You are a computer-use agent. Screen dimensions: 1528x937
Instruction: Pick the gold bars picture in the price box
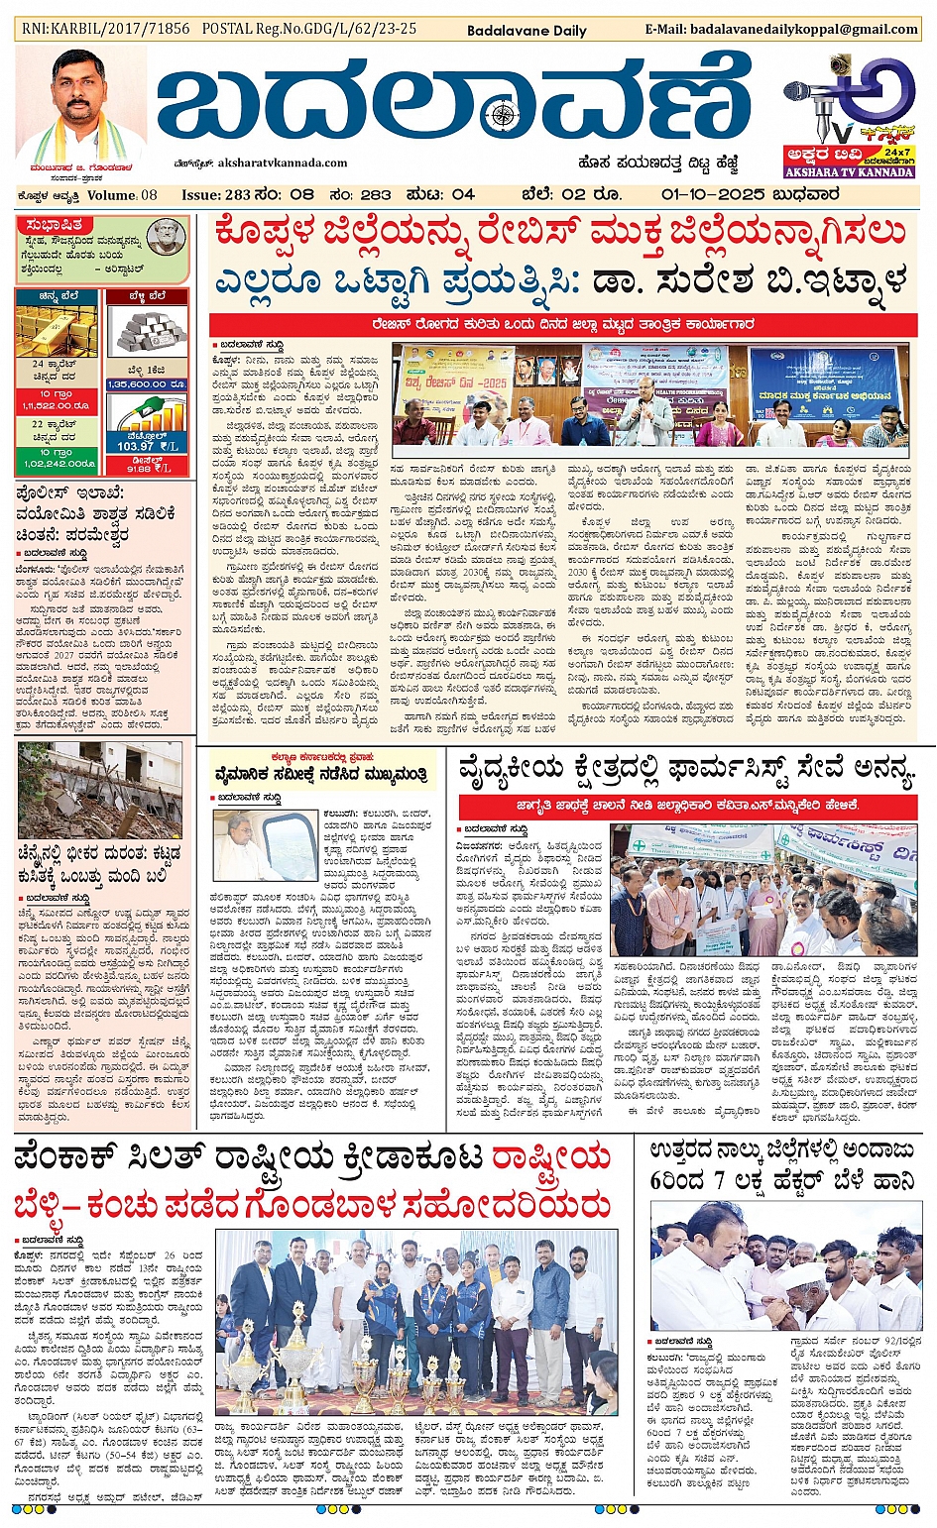pos(56,331)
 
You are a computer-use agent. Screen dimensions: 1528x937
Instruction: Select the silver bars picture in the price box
pos(146,331)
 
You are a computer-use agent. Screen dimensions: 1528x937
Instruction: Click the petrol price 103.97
pos(136,447)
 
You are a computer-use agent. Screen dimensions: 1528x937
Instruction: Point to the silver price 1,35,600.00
pos(147,383)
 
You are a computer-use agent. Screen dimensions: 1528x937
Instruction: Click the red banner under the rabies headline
pos(563,325)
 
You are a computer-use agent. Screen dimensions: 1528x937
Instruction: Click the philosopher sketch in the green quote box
pos(166,238)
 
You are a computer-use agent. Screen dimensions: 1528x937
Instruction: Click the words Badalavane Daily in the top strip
pos(527,31)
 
